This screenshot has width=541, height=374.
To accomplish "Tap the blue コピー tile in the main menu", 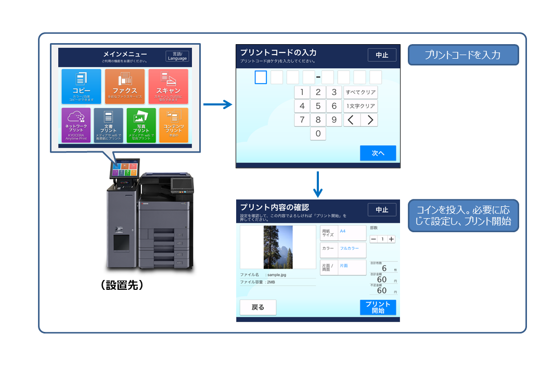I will click(x=81, y=86).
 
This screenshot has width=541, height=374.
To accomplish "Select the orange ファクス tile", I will click(x=125, y=86).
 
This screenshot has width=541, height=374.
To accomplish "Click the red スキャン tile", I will click(x=168, y=86).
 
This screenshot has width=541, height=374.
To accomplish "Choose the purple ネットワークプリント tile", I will click(x=76, y=125).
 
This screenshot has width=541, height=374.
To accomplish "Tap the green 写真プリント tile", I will click(x=141, y=125).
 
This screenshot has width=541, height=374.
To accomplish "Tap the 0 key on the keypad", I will click(x=318, y=134).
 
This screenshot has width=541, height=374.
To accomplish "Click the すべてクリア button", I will click(x=360, y=92).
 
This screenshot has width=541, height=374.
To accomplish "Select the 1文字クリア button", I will click(x=360, y=106).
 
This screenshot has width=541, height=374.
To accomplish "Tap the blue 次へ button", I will click(x=378, y=153).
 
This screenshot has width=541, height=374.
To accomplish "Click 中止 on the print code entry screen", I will click(x=382, y=55).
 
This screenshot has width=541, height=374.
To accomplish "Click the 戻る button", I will click(x=258, y=307).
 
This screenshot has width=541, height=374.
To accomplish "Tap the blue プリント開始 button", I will click(x=378, y=307).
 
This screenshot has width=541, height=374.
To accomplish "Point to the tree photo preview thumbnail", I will click(x=278, y=247).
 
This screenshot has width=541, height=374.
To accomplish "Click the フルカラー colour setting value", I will click(x=350, y=248).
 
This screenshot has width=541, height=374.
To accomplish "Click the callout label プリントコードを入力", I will click(x=463, y=55).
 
